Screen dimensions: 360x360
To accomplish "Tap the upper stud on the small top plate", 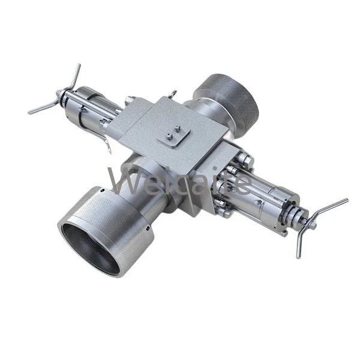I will click(x=178, y=128).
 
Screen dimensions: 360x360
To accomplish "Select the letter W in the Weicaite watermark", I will click(x=122, y=180).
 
